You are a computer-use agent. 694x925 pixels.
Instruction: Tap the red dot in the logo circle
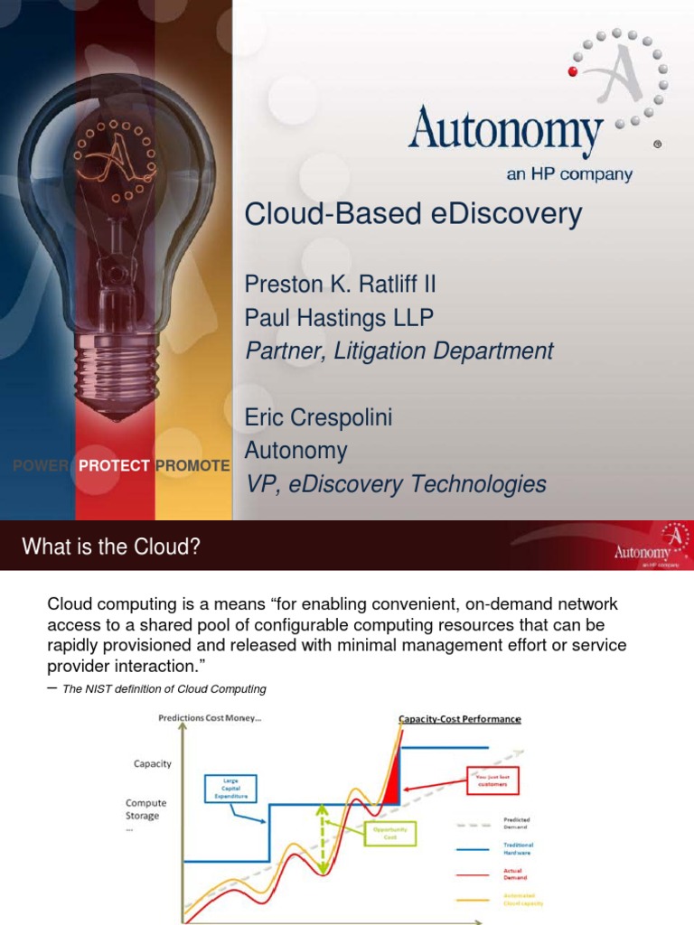pos(573,70)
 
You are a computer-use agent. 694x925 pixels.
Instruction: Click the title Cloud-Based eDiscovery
pos(414,215)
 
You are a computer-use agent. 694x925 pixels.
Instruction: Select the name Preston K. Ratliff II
pos(341,285)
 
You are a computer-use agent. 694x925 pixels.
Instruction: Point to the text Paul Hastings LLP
pos(339,318)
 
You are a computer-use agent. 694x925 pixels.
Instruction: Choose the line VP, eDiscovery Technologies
pos(396,484)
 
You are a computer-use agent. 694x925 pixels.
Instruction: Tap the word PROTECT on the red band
pos(114,465)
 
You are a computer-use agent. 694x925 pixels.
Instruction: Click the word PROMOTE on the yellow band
pos(192,465)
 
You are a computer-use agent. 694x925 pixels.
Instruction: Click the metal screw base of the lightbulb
pos(115,369)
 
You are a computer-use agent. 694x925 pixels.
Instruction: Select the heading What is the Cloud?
pos(110,546)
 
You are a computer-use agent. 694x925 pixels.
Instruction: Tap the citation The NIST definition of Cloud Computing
pos(164,689)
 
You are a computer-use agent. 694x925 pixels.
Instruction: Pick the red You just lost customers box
pos(495,779)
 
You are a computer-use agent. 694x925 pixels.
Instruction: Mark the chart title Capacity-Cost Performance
pos(459,719)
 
